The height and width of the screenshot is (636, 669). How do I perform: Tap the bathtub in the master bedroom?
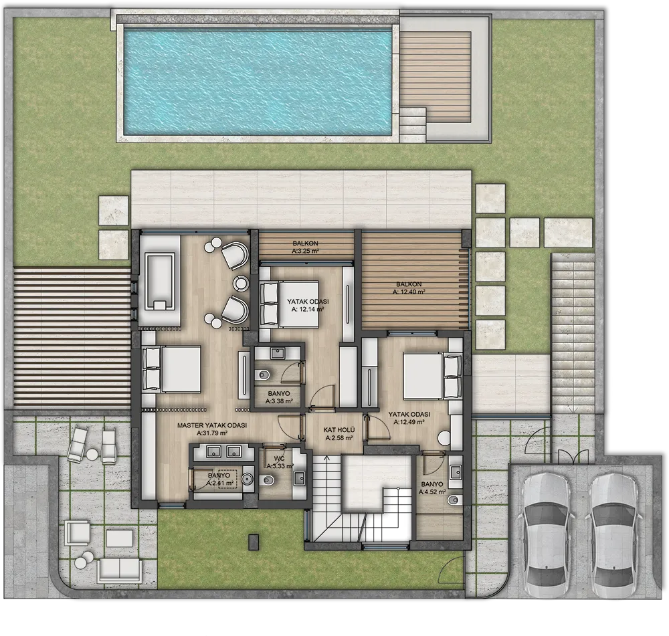(x=161, y=282)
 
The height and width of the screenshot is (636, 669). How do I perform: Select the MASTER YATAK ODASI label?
(x=212, y=429)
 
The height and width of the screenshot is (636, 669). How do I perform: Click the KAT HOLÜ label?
(x=339, y=434)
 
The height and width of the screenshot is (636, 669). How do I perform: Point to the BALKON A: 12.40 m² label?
(x=409, y=288)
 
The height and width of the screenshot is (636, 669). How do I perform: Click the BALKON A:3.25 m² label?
(x=306, y=247)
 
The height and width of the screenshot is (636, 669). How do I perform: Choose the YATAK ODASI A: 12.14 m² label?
(x=305, y=306)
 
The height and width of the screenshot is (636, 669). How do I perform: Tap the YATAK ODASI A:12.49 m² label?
(x=409, y=418)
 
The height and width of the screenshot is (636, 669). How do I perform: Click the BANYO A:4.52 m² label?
(x=432, y=488)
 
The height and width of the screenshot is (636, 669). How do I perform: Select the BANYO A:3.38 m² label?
(x=279, y=397)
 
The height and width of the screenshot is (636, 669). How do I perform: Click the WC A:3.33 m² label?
(x=280, y=462)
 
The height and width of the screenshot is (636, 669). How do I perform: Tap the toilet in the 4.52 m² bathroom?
(x=454, y=499)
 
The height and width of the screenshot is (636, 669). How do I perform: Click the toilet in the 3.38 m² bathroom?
(x=263, y=375)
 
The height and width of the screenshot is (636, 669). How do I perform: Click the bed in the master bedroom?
(x=172, y=368)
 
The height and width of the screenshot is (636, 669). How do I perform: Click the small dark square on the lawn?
(x=254, y=540)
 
